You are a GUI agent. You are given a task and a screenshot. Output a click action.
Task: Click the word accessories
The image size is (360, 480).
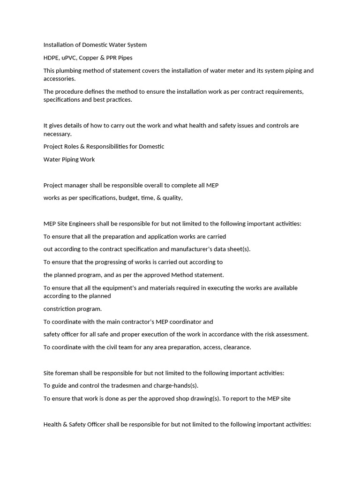[60, 79]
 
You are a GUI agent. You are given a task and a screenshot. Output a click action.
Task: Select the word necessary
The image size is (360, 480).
[58, 134]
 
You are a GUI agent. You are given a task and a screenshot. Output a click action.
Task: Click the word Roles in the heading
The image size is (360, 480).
[73, 146]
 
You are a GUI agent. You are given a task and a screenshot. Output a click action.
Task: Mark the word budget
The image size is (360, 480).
[128, 198]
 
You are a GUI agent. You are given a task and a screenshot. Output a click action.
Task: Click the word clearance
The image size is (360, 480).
[238, 347]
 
